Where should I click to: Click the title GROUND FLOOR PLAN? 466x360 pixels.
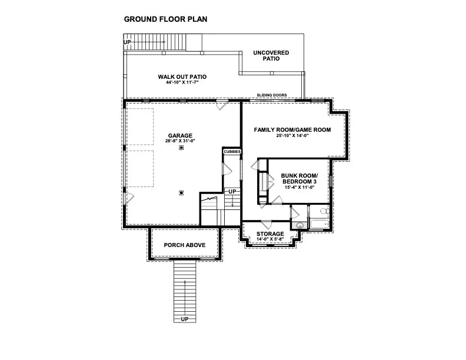(165, 19)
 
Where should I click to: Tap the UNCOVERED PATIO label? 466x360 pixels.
(271, 56)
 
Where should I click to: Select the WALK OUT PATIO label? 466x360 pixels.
(182, 76)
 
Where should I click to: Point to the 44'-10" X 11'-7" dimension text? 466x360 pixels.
(182, 83)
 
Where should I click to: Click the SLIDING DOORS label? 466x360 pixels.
(272, 95)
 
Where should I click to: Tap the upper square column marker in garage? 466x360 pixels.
(181, 149)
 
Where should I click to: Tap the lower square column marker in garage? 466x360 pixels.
(181, 192)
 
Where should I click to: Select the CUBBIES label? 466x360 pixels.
(232, 152)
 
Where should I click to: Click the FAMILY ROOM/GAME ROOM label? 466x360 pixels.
(292, 129)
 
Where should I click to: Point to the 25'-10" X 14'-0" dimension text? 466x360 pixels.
(292, 136)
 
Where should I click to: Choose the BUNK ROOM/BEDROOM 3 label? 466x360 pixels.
(299, 179)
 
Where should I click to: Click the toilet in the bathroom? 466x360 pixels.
(323, 212)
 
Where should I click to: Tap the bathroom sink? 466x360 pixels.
(299, 225)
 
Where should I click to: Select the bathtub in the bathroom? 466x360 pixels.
(319, 224)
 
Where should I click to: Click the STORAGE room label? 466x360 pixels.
(270, 234)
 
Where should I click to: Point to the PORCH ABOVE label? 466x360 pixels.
(185, 245)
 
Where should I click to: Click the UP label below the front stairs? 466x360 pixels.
(185, 319)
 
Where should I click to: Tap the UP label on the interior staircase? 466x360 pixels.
(232, 192)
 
